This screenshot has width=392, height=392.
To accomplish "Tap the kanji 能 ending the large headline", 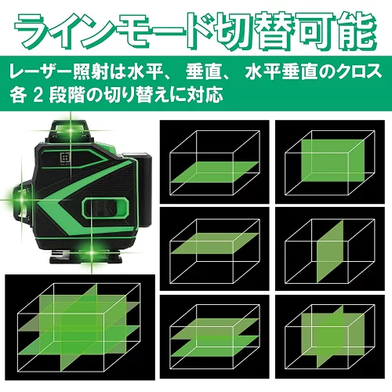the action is [x=357, y=30].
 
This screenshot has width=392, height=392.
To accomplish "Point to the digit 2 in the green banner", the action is [x=38, y=95].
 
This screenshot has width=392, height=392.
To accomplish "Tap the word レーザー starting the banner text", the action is [x=41, y=72].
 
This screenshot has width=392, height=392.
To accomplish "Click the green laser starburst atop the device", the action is [x=71, y=129].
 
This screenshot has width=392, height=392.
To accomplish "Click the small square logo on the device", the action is [x=65, y=158].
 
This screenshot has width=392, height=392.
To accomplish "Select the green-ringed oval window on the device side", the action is [x=106, y=208].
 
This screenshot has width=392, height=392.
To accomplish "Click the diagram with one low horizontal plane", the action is [x=215, y=162].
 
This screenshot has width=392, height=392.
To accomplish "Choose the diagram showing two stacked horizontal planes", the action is [x=215, y=336].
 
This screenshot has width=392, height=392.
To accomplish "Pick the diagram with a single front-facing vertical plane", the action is [x=330, y=162].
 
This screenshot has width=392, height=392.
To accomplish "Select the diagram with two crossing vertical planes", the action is [x=330, y=336].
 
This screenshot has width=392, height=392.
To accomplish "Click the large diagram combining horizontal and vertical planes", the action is [x=80, y=327].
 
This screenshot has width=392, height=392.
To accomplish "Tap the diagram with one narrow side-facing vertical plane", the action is [x=330, y=249].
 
